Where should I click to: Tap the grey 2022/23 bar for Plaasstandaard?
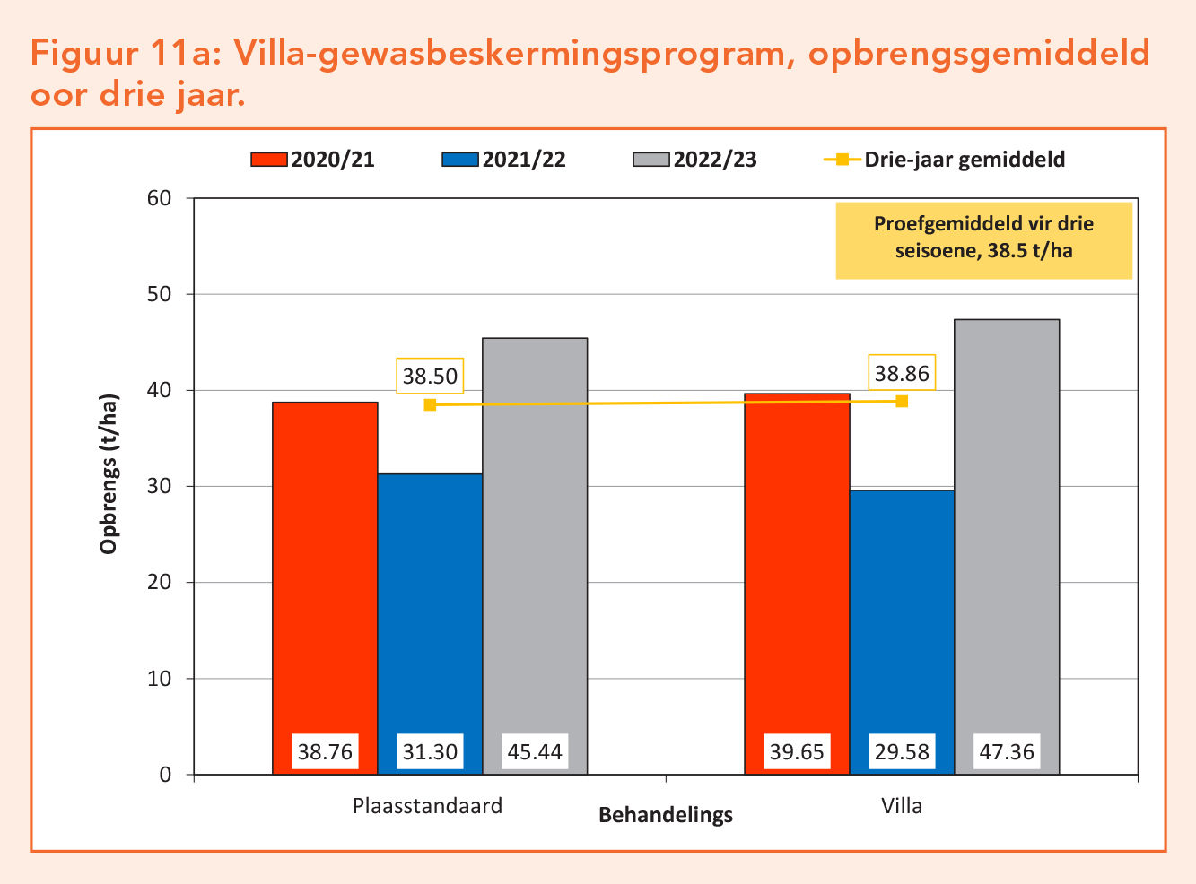[x=535, y=538]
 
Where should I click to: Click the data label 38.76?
[x=325, y=751]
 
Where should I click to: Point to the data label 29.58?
[x=902, y=751]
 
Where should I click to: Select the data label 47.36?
[x=1007, y=751]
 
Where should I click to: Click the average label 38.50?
[x=430, y=377]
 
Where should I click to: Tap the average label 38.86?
[x=902, y=373]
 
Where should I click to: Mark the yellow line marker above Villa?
[x=902, y=401]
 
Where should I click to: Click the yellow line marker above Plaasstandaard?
[x=430, y=404]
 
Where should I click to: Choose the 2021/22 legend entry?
[x=504, y=160]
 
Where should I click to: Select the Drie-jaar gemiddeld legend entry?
[x=945, y=160]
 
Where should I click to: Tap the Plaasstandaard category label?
[x=427, y=805]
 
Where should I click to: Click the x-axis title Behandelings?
[x=666, y=815]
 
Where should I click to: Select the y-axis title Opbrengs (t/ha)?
[x=109, y=473]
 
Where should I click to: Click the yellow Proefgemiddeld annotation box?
[x=983, y=239]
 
